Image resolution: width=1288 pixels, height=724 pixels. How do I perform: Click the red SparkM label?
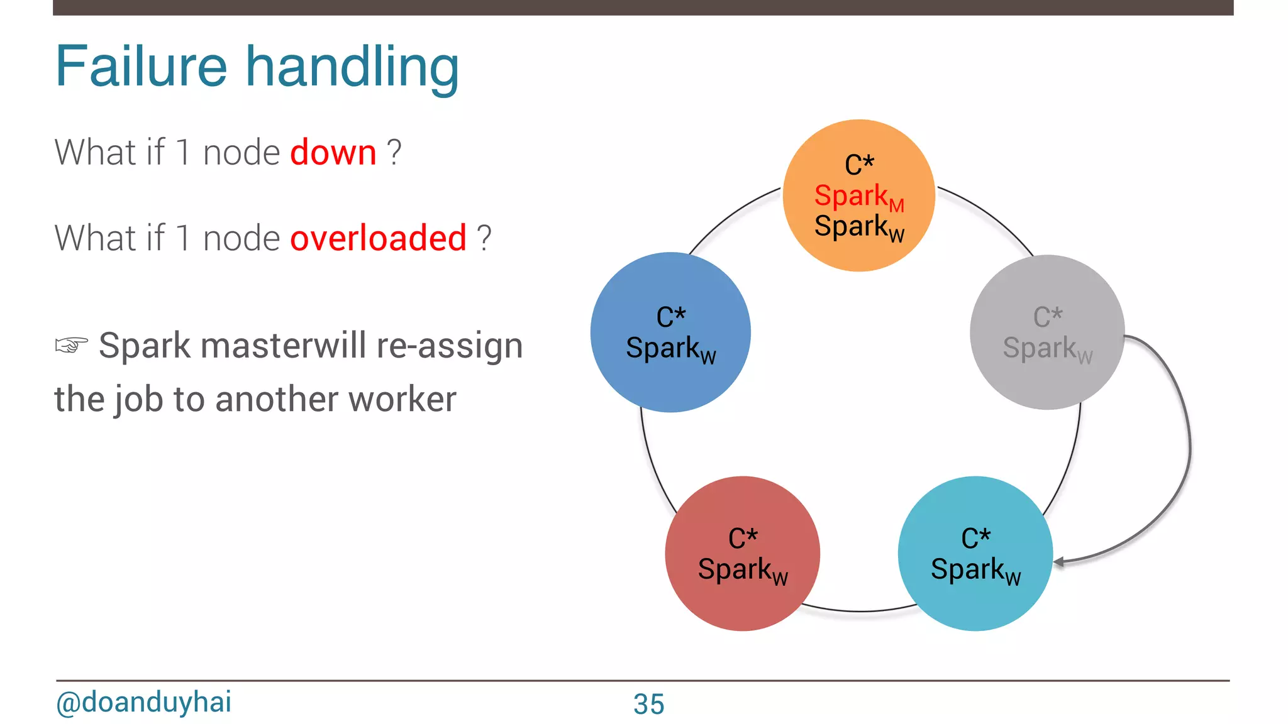pyautogui.click(x=858, y=197)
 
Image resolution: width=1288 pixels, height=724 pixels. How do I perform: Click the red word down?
pyautogui.click(x=333, y=152)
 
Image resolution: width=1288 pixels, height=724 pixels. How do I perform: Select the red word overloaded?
pyautogui.click(x=378, y=238)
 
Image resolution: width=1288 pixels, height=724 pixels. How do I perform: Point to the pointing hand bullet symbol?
pyautogui.click(x=71, y=345)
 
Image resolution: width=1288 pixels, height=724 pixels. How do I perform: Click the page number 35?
pyautogui.click(x=648, y=704)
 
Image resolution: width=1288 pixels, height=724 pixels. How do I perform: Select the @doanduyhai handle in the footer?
pyautogui.click(x=143, y=702)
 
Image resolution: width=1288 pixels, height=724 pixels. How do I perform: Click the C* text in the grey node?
pyautogui.click(x=1048, y=317)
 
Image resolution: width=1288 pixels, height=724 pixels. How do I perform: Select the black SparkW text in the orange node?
pyautogui.click(x=858, y=227)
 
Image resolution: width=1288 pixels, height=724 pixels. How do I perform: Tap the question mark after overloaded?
pyautogui.click(x=484, y=238)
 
